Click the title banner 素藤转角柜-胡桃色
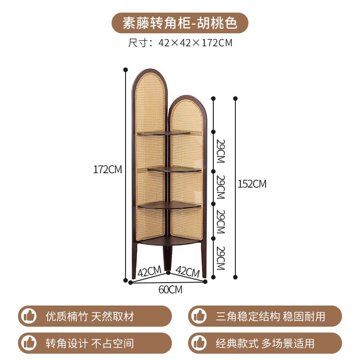pyautogui.click(x=180, y=23)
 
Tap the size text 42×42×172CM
pyautogui.click(x=180, y=43)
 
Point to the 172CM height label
pyautogui.click(x=108, y=170)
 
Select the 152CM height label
pyautogui.click(x=252, y=184)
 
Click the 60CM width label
pyautogui.click(x=171, y=290)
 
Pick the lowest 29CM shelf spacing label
pyautogui.click(x=220, y=257)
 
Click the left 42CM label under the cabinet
pyautogui.click(x=149, y=272)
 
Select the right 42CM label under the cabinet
pyautogui.click(x=187, y=272)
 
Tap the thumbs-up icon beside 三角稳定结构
pyautogui.click(x=198, y=316)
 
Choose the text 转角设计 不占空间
pyautogui.click(x=90, y=343)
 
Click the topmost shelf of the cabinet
pyautogui.click(x=165, y=133)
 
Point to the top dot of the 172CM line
pyautogui.click(x=126, y=70)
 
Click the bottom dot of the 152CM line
pyautogui.click(x=235, y=277)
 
